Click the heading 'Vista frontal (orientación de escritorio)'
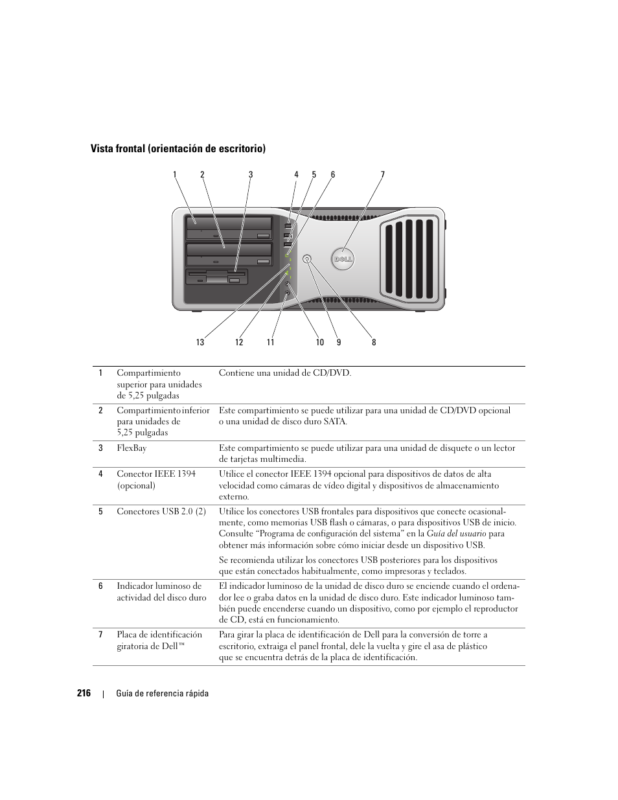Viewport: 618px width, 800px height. coord(178,149)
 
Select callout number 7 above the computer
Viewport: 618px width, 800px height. coord(383,174)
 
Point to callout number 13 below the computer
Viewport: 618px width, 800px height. coord(200,342)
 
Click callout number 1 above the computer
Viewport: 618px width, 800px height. coord(174,174)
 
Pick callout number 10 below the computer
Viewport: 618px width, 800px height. coord(319,342)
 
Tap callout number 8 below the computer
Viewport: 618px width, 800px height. coord(374,342)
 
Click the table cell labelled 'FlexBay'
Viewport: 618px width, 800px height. coord(132,448)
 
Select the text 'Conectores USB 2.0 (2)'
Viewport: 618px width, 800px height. coord(161,511)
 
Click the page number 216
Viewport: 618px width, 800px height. coord(83,693)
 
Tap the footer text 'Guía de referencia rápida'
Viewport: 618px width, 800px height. coord(163,694)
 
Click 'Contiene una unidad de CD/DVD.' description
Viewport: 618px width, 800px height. coord(285,373)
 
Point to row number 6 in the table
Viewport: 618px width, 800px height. coord(100,586)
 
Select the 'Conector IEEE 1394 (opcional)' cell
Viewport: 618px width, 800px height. coord(156,479)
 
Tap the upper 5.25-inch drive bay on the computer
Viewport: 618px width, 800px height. coord(229,229)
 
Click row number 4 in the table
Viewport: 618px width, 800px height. coord(100,474)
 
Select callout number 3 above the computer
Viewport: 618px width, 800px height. coord(251,174)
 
